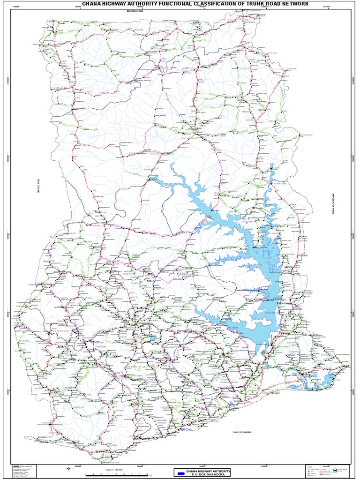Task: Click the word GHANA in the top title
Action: click(92, 4)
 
